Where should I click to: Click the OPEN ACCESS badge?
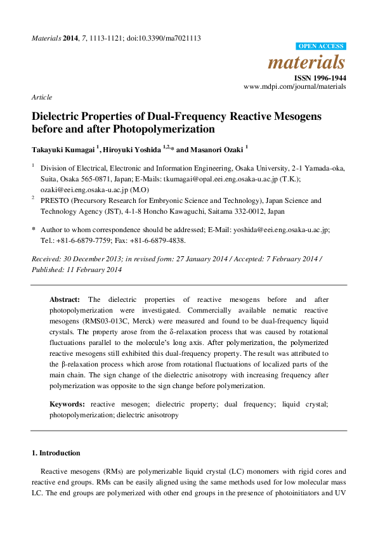pos(321,46)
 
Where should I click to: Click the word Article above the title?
pos(41,97)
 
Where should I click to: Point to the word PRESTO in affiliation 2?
pos(55,200)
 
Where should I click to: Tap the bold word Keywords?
pos(68,404)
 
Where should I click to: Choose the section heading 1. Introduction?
pos(56,453)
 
